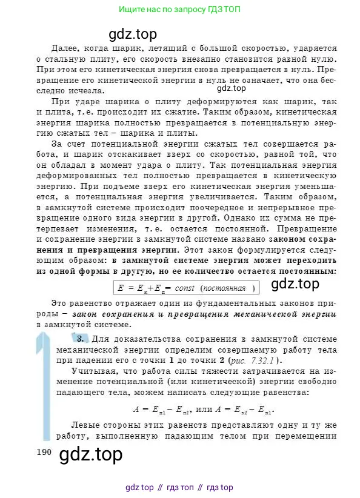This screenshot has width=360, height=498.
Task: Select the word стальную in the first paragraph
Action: pos(70,59)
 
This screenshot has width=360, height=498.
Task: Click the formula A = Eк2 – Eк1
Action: pos(242,410)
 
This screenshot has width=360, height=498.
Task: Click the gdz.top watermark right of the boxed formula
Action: pos(295,284)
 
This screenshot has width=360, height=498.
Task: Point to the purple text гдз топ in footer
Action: pos(185,487)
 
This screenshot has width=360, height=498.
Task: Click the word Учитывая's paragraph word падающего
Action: pos(59,393)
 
